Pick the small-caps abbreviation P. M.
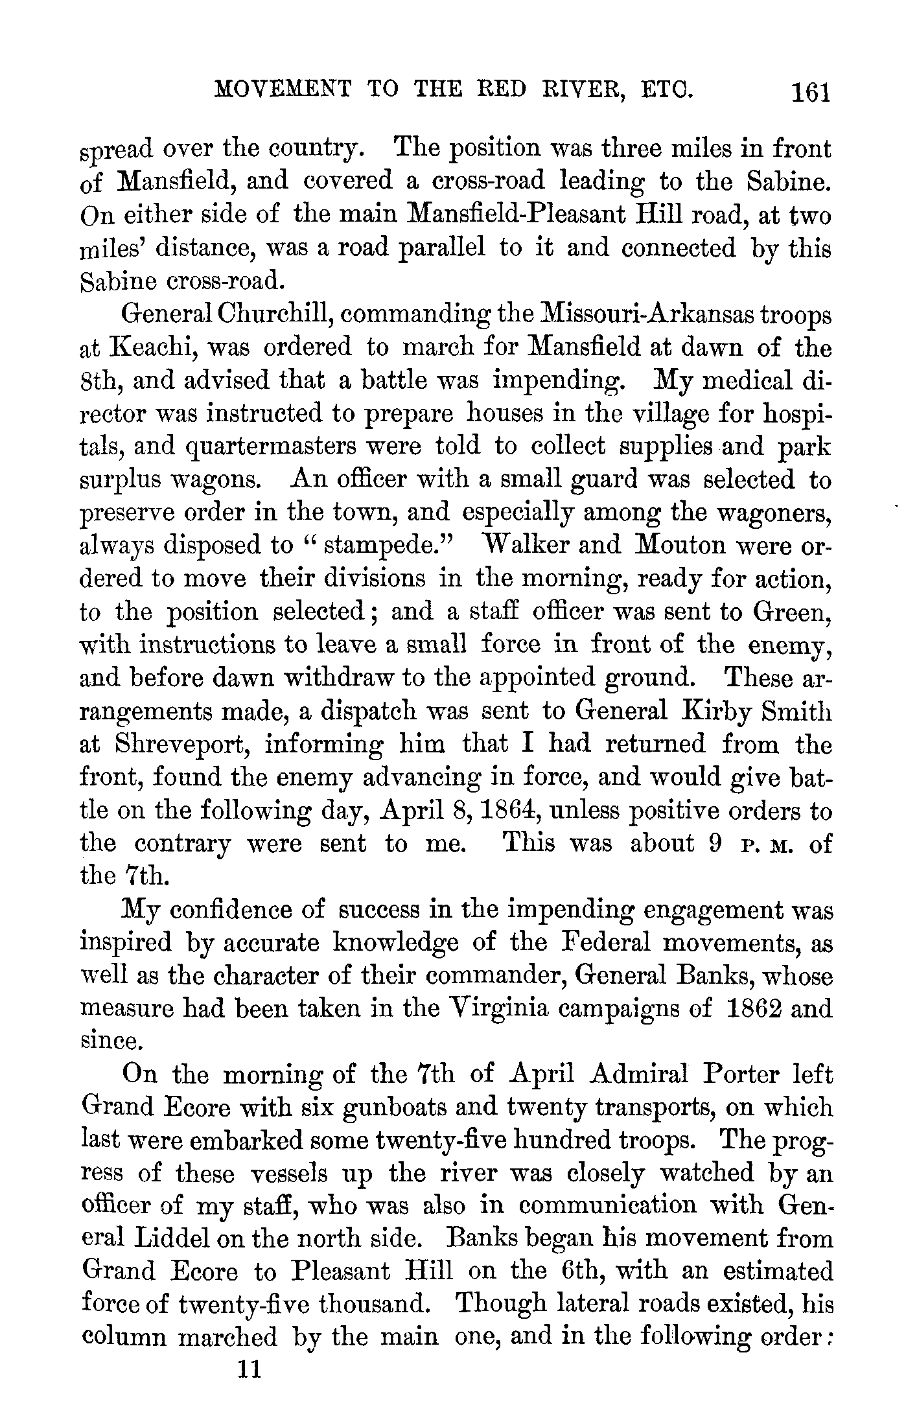(x=765, y=845)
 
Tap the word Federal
(x=603, y=942)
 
